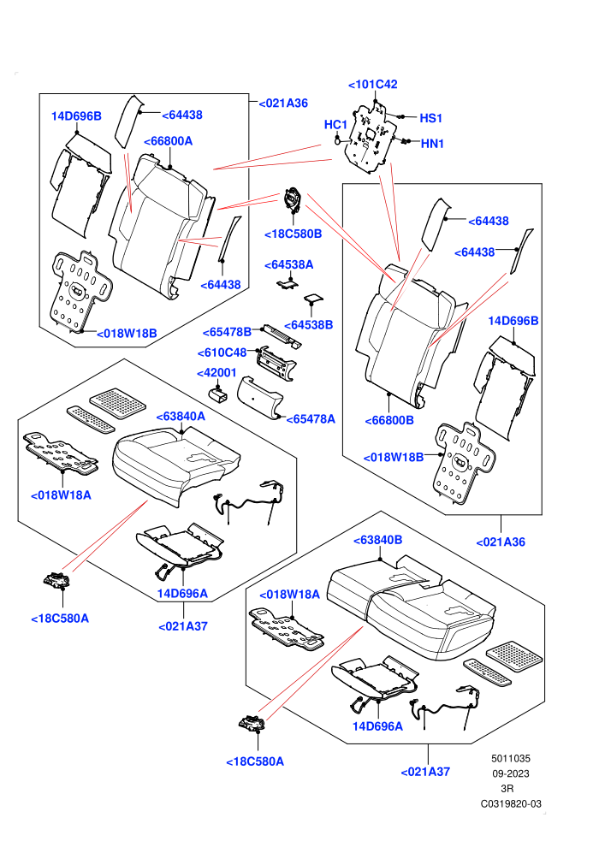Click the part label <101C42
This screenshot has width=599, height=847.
(373, 84)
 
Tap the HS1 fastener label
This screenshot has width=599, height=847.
(431, 118)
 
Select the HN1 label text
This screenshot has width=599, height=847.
(432, 144)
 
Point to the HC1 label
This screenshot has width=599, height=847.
(335, 124)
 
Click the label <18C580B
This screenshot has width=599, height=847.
(294, 234)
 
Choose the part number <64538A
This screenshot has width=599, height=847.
(289, 264)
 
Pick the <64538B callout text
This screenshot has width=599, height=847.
(308, 324)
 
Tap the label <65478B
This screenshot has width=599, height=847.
(228, 332)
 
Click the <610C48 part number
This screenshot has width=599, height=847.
(222, 352)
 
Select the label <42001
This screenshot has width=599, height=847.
(216, 373)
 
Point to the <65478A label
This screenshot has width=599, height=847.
(311, 419)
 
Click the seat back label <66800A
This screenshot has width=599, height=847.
(168, 141)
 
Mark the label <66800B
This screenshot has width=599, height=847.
(389, 420)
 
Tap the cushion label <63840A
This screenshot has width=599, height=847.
(181, 417)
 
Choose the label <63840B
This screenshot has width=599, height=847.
(377, 540)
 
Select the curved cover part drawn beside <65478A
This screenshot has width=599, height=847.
(260, 399)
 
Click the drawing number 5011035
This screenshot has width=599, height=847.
(510, 758)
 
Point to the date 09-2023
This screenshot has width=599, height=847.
(510, 773)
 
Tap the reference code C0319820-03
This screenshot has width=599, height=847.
(511, 803)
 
